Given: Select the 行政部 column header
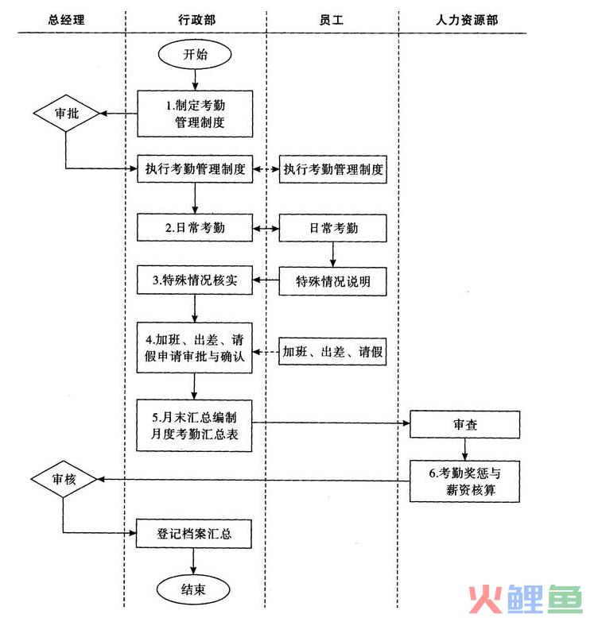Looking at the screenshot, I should tap(195, 20).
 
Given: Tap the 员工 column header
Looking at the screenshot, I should tap(332, 20).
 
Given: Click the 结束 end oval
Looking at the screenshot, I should tap(195, 589).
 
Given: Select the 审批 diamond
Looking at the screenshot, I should tap(66, 114).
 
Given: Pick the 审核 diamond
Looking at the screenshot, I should tap(64, 479).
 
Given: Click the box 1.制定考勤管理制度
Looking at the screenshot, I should tap(195, 114).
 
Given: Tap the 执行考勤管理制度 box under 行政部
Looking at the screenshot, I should tap(195, 168).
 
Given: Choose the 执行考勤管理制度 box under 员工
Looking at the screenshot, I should tap(332, 168).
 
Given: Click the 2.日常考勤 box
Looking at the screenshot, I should tap(195, 228).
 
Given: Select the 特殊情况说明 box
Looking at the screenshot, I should tap(332, 281).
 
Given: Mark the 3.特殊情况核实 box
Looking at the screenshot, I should tap(195, 280).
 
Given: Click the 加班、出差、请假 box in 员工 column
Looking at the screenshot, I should tap(332, 351).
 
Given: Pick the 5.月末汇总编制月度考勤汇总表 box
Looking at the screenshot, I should tap(195, 425).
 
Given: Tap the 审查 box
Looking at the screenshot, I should tap(465, 425).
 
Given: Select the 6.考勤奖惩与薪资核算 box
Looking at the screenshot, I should tap(465, 481).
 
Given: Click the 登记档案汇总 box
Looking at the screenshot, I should tap(195, 534).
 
